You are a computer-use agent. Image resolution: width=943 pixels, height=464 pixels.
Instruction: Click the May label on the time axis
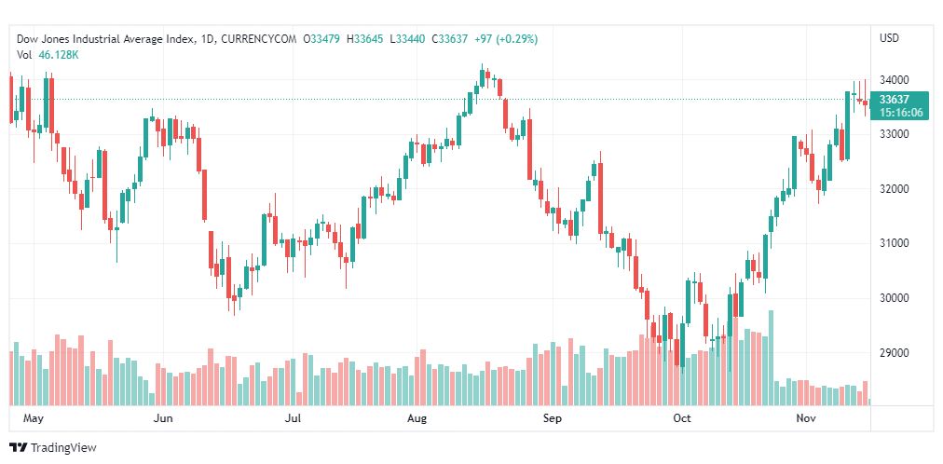tap(34, 418)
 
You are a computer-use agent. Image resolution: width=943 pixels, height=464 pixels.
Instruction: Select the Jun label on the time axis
tap(163, 418)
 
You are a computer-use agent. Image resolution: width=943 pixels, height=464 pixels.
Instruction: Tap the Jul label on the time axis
tap(293, 418)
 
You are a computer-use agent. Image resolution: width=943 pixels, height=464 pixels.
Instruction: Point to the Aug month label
tap(417, 418)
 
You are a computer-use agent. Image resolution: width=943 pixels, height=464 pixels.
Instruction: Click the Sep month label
tap(553, 418)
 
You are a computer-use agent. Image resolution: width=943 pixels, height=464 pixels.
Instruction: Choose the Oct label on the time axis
tap(682, 418)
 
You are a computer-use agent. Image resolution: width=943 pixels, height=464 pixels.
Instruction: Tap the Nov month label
tap(807, 418)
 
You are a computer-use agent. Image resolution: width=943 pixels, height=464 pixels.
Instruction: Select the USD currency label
tap(889, 38)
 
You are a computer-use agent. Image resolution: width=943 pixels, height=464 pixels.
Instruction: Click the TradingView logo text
tap(63, 448)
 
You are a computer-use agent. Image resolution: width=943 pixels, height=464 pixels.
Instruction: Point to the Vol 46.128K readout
tap(47, 55)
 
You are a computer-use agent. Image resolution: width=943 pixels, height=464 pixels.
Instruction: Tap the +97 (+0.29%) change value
tap(504, 38)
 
